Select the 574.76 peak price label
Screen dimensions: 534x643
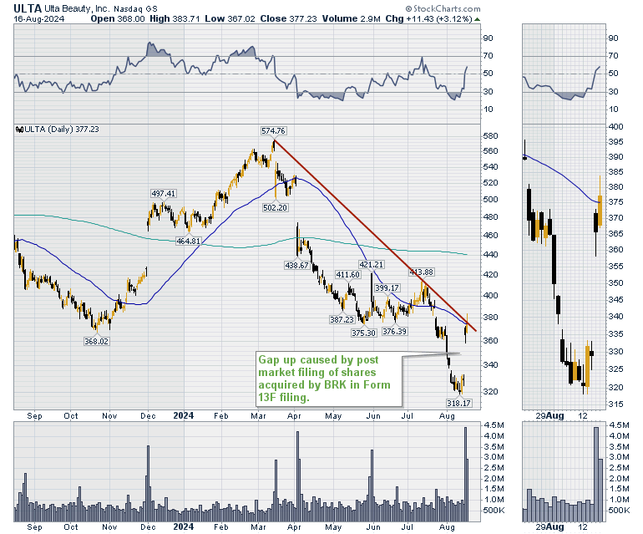(x=274, y=130)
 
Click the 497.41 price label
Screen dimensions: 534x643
(x=164, y=194)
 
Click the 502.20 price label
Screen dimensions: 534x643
(x=275, y=207)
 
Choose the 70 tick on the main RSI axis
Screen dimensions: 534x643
(x=486, y=56)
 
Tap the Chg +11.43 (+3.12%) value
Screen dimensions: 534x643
(x=429, y=18)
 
